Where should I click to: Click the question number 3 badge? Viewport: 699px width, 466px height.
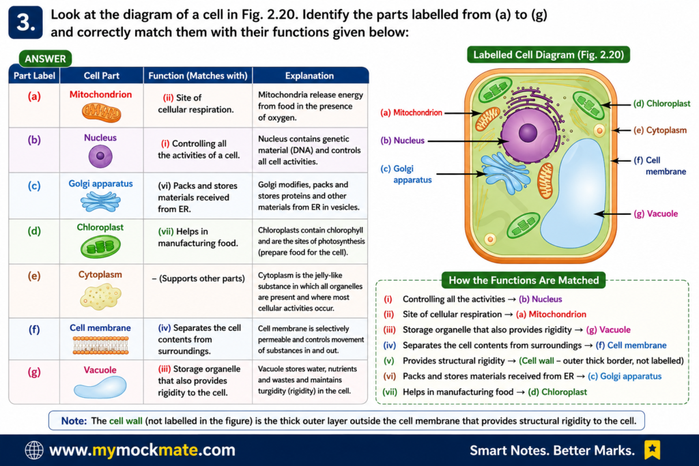[25, 23]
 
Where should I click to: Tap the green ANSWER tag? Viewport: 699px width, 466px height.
[45, 59]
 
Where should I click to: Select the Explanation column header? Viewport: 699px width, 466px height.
[309, 76]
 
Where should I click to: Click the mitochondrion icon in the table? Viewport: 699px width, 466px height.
[101, 113]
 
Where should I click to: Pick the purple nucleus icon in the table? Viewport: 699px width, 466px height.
[100, 156]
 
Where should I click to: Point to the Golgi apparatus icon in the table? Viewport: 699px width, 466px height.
[101, 201]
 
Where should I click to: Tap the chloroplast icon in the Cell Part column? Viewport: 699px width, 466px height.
[100, 246]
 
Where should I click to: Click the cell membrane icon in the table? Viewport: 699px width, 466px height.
[101, 345]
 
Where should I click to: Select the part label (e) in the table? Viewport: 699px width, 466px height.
[34, 276]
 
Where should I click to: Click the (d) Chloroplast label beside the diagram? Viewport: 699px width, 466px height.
[661, 103]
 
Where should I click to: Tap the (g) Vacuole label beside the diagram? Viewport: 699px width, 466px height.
[656, 214]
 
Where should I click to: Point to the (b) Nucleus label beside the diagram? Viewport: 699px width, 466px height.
[402, 141]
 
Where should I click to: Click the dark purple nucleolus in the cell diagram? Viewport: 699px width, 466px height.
[528, 133]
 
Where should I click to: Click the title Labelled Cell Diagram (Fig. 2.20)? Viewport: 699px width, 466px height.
[548, 55]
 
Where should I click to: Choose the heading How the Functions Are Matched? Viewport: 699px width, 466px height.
[524, 280]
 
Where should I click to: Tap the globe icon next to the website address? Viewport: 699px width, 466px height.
[34, 450]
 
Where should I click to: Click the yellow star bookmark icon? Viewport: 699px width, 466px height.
[652, 450]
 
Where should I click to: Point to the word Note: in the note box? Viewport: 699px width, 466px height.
[74, 421]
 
